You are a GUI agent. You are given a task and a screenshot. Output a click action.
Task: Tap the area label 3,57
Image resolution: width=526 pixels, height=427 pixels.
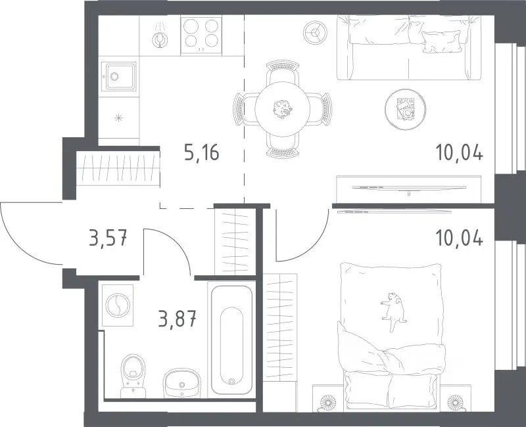108,238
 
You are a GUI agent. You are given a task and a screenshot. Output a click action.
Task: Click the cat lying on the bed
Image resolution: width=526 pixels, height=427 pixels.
393,310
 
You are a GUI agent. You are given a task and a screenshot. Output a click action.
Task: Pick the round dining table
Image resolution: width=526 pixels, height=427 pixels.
283,109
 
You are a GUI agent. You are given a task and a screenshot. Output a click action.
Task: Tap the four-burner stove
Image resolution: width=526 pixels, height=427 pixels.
201,35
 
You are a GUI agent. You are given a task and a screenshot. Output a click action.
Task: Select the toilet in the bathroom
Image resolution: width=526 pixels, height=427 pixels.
133,376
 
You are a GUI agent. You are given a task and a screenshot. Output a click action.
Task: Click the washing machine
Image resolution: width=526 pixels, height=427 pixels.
117,305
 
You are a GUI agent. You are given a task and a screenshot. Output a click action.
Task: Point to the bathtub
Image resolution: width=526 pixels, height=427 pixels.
231,339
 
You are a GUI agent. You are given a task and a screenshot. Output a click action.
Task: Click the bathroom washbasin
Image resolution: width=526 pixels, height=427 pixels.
182,383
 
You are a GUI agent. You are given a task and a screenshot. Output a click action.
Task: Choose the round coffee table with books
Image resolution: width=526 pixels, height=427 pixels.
406,109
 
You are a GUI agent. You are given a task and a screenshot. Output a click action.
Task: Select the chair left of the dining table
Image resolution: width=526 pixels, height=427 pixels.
245,109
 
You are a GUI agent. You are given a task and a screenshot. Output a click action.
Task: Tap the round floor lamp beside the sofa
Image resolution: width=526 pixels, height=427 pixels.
315,32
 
